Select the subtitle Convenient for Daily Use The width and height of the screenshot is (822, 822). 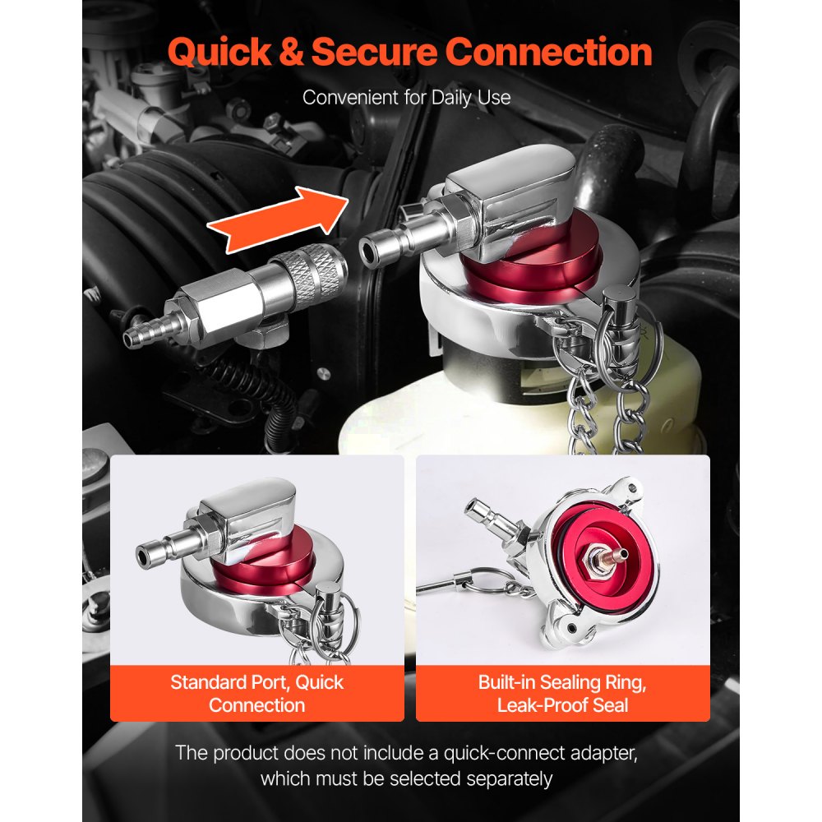point(406,98)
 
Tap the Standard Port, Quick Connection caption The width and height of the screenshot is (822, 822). point(256,693)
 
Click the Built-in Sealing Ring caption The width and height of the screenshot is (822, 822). point(561,693)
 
